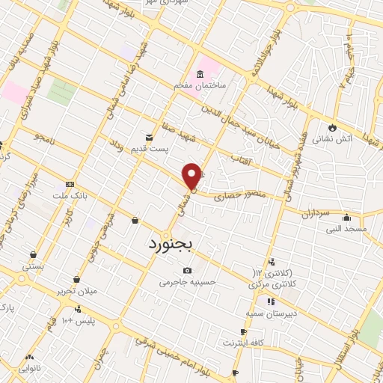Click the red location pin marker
(193, 177)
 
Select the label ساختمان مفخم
(200, 87)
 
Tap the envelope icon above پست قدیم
(150, 137)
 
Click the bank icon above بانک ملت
(70, 184)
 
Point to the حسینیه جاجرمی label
(187, 282)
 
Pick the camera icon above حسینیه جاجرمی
(187, 270)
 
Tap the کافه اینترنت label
(243, 343)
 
